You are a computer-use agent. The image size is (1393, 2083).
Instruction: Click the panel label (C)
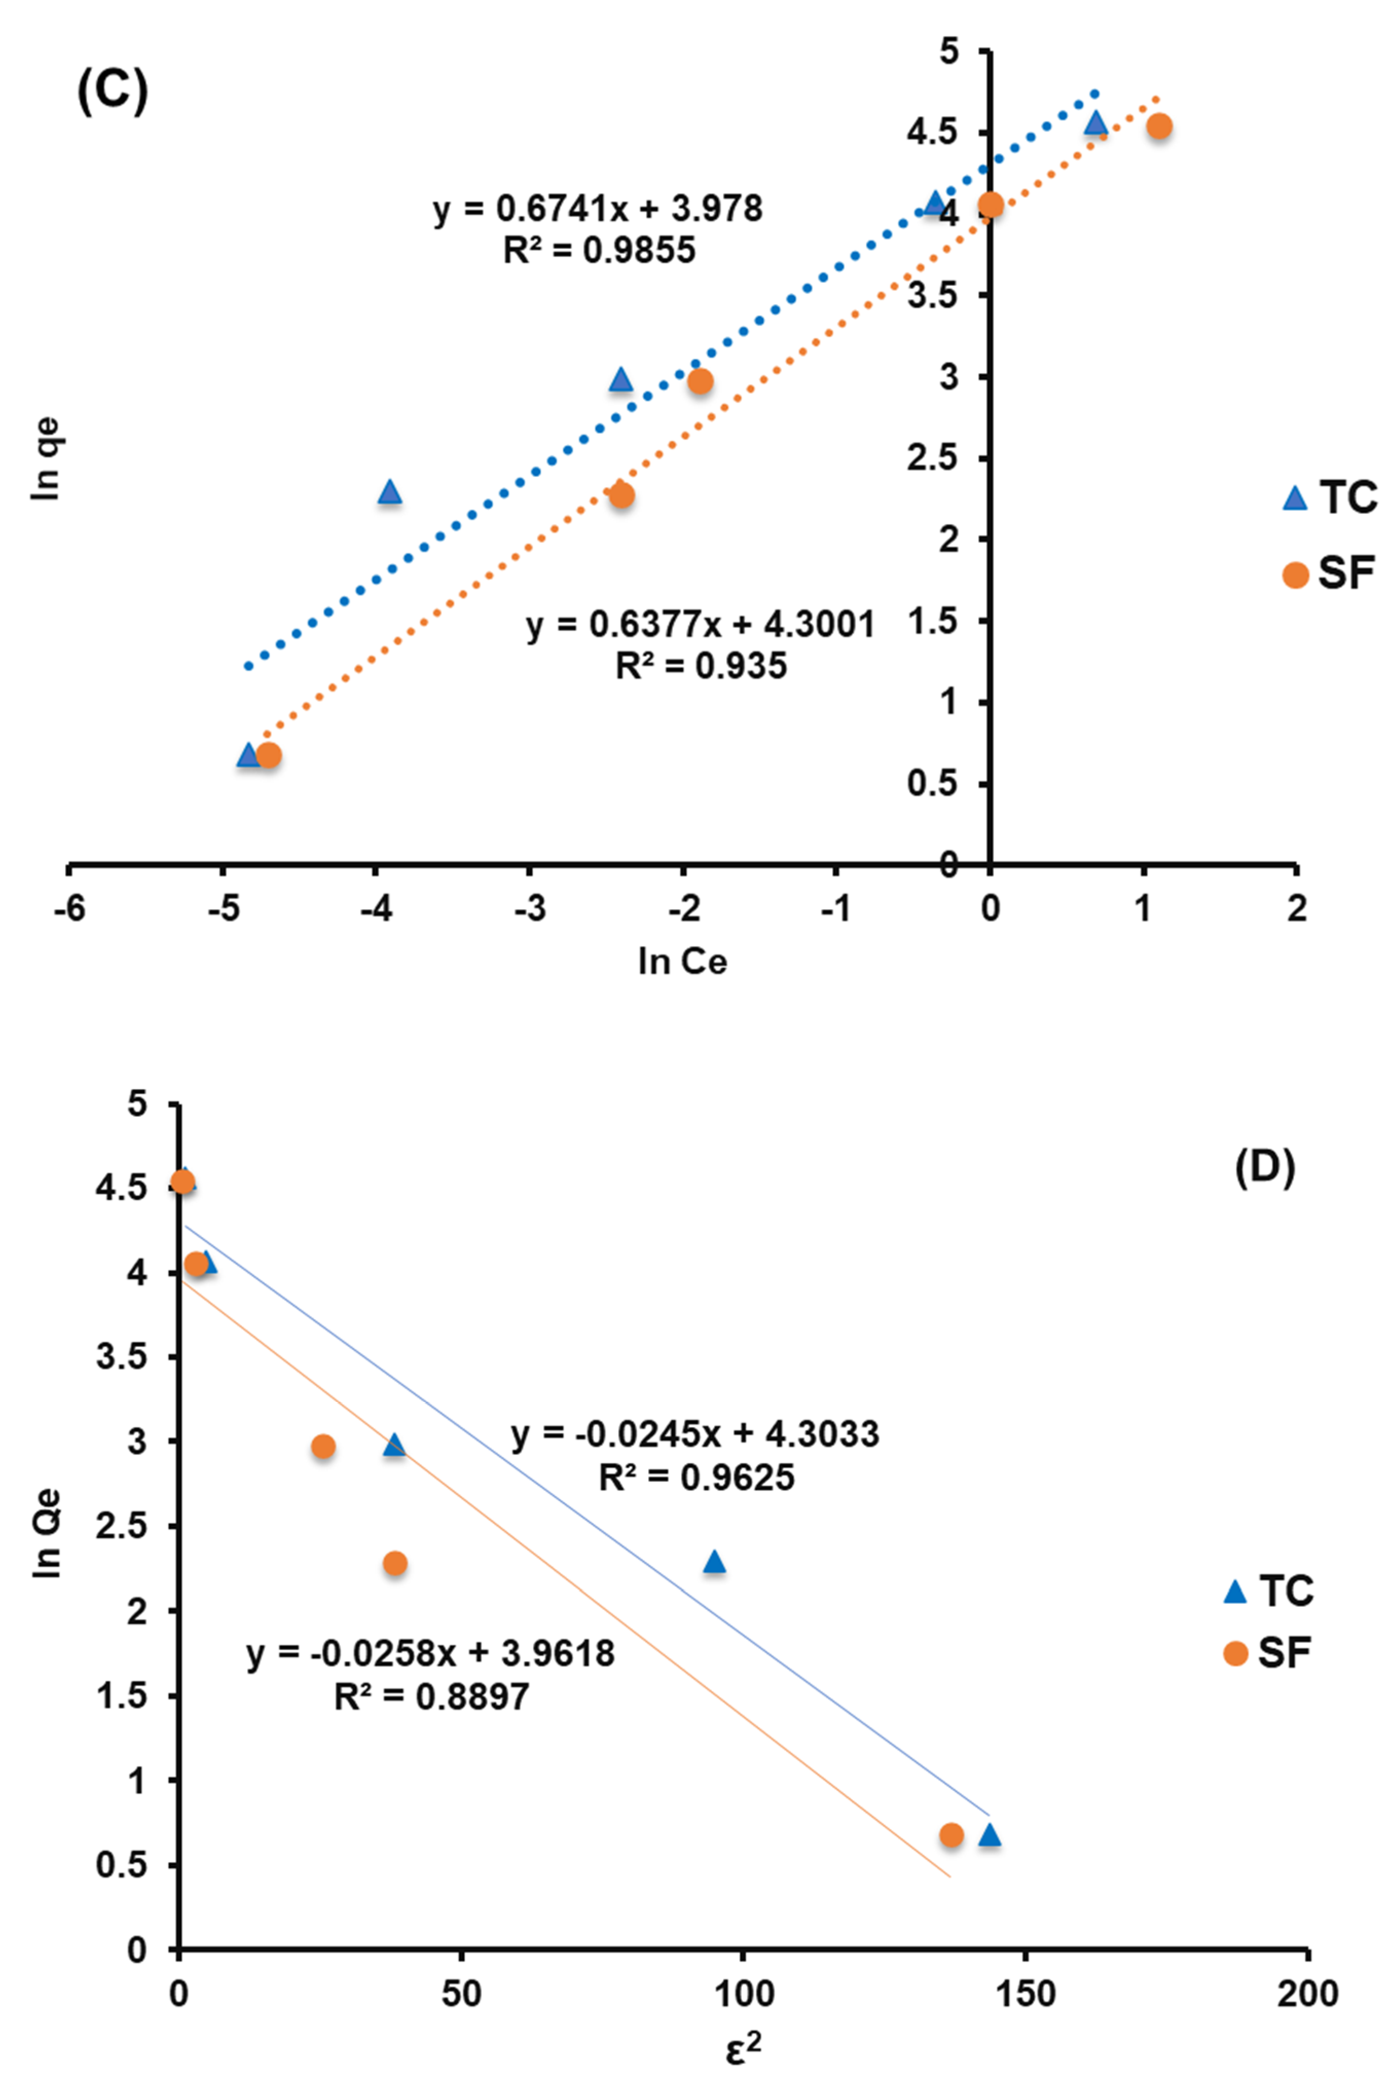(x=112, y=93)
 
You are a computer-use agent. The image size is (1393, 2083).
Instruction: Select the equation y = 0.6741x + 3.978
(x=598, y=209)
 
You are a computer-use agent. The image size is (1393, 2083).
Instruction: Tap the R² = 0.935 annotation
(x=701, y=666)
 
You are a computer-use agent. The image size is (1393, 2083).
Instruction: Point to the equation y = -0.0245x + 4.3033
(x=695, y=1434)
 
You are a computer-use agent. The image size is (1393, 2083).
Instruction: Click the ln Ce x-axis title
(x=682, y=961)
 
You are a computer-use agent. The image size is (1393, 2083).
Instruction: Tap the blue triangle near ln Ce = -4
(x=389, y=491)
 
